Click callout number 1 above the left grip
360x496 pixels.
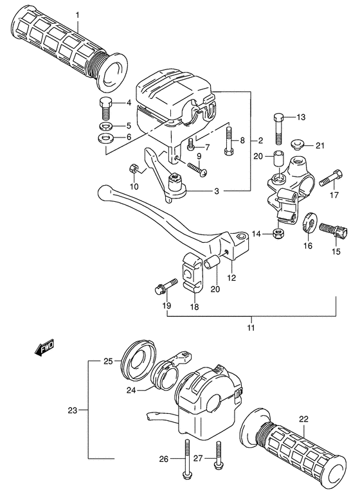click(x=77, y=14)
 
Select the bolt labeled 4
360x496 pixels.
click(x=106, y=105)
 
